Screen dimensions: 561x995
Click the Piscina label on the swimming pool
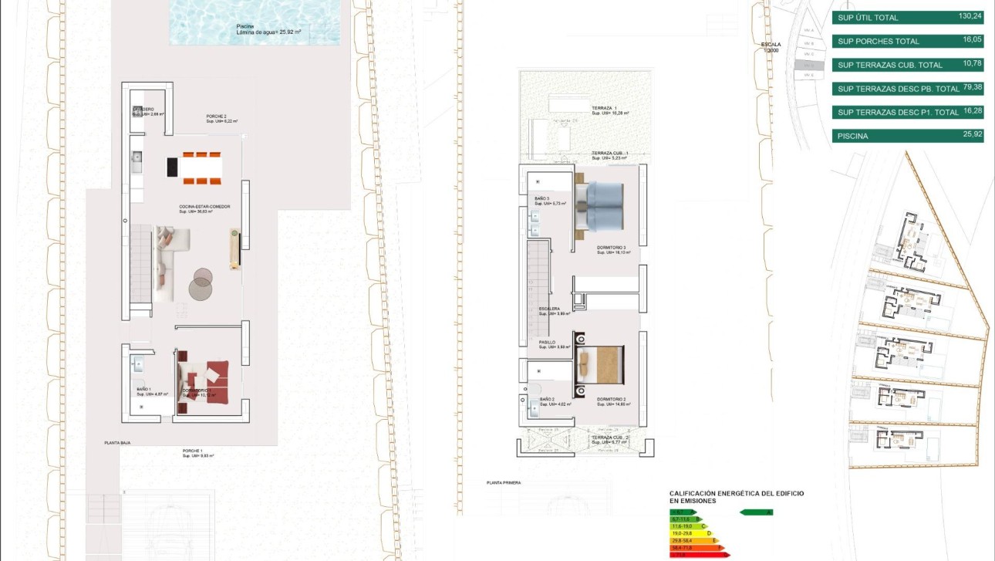coord(245,25)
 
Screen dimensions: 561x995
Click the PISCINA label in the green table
coord(852,137)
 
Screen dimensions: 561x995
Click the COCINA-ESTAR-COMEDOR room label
coord(204,207)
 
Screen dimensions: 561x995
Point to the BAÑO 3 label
coord(542,198)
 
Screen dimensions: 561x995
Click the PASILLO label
coord(547,342)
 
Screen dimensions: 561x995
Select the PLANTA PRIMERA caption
coord(504,482)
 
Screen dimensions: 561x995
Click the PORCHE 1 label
coord(193,451)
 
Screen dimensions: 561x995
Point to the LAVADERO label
coord(143,110)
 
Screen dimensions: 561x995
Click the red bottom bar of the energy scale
coord(697,555)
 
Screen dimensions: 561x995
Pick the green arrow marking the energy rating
coord(756,512)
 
